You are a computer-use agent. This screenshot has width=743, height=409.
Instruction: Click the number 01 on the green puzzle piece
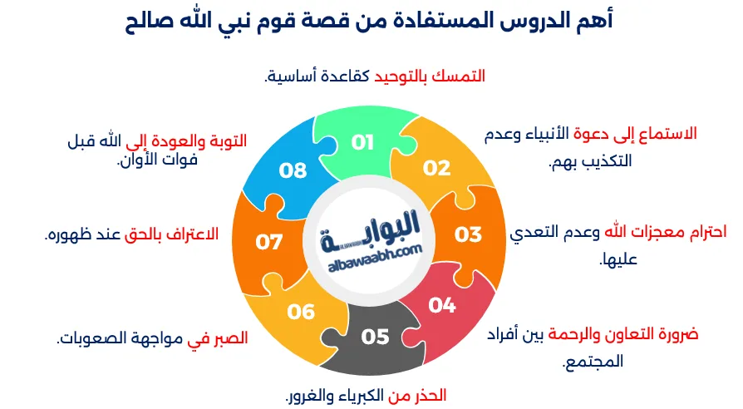[x=362, y=142]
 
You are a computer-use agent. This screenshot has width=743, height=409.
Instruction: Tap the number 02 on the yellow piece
[x=436, y=168]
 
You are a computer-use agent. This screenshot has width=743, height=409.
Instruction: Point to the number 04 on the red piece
[x=442, y=305]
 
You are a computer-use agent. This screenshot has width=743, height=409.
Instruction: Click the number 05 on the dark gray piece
[x=375, y=337]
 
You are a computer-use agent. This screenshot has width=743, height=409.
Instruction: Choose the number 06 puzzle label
[x=301, y=312]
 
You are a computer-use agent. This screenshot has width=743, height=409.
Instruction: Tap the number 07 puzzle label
[x=269, y=242]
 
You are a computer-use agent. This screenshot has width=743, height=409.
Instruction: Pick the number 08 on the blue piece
[x=293, y=170]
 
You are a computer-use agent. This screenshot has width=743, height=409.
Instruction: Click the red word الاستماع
[x=666, y=133]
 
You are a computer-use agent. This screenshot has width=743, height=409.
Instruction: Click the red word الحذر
[x=431, y=393]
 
